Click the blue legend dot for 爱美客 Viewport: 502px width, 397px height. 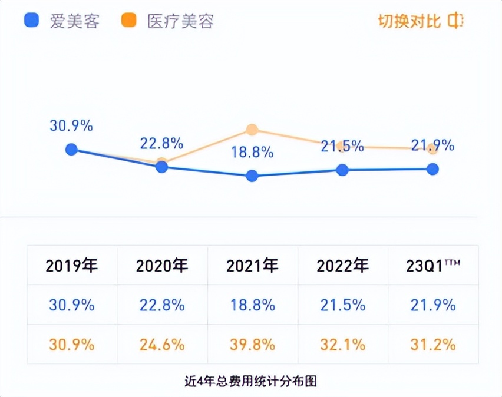(x=31, y=21)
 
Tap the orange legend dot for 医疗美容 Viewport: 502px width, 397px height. (x=128, y=21)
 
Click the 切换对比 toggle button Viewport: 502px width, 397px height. (x=420, y=22)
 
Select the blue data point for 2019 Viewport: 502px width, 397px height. (x=71, y=149)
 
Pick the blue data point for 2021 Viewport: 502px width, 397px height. (x=252, y=176)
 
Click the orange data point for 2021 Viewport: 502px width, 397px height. (x=252, y=130)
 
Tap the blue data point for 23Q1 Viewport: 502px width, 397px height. (x=433, y=169)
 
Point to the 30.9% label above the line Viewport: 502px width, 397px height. (x=71, y=125)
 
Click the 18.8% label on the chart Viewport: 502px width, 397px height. (x=252, y=152)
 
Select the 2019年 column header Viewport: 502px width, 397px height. (x=71, y=266)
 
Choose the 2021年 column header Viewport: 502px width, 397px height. (x=252, y=266)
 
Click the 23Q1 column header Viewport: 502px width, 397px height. (x=433, y=266)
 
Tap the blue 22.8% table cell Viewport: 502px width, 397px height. (x=162, y=305)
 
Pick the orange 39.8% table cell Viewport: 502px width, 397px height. (x=252, y=345)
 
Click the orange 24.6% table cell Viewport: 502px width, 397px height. (x=162, y=345)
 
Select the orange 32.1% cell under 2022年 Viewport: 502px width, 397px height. (x=342, y=345)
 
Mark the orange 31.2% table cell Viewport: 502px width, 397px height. (x=433, y=345)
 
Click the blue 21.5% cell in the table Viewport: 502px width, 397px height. (x=342, y=305)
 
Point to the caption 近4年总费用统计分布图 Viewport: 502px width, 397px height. (x=250, y=381)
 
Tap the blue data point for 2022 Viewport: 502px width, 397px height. (x=342, y=170)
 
